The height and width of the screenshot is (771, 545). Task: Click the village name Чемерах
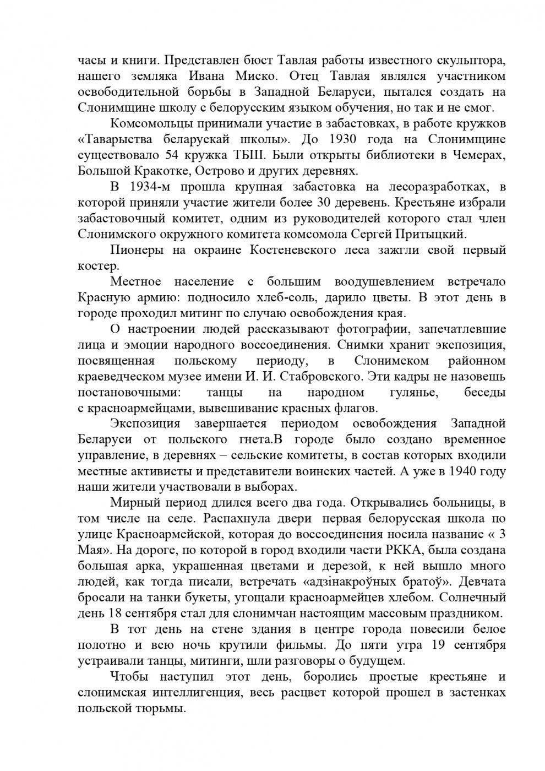pos(481,155)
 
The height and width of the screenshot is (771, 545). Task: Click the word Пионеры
pos(133,251)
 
